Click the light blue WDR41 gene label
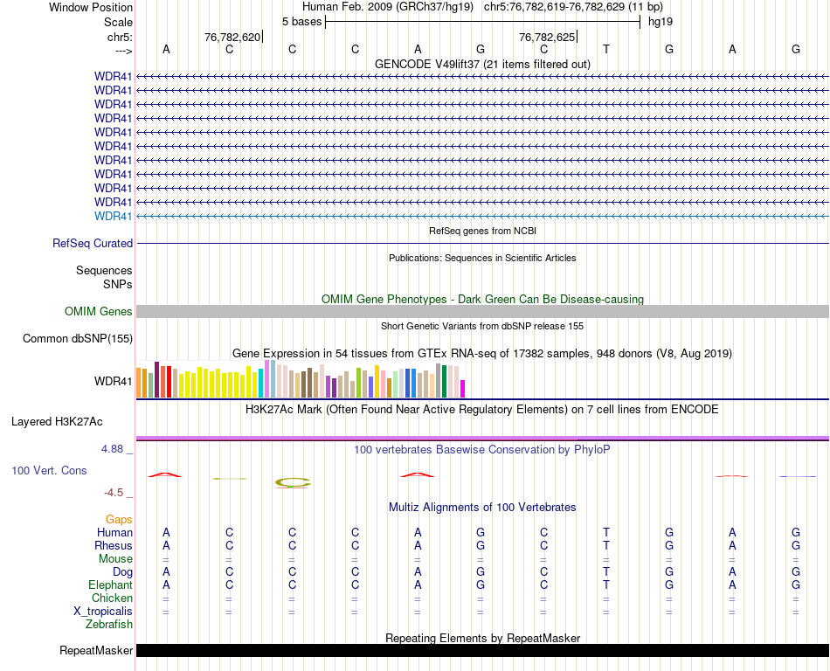(x=114, y=216)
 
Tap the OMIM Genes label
(x=99, y=312)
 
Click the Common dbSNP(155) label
(x=78, y=339)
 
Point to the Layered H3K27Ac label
(x=57, y=421)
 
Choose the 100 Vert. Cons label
(x=49, y=471)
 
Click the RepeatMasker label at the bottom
(x=96, y=651)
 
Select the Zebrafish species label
(x=109, y=625)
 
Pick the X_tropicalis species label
(x=103, y=612)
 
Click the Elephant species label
(x=110, y=585)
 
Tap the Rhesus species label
(x=114, y=546)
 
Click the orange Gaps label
(x=119, y=520)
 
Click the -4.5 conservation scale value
(x=118, y=493)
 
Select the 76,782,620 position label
(x=232, y=38)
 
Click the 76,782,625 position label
(x=547, y=38)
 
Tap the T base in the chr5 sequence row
(x=606, y=49)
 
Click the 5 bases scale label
(x=301, y=21)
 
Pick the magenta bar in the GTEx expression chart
(x=463, y=388)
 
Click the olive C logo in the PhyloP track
(x=293, y=481)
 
